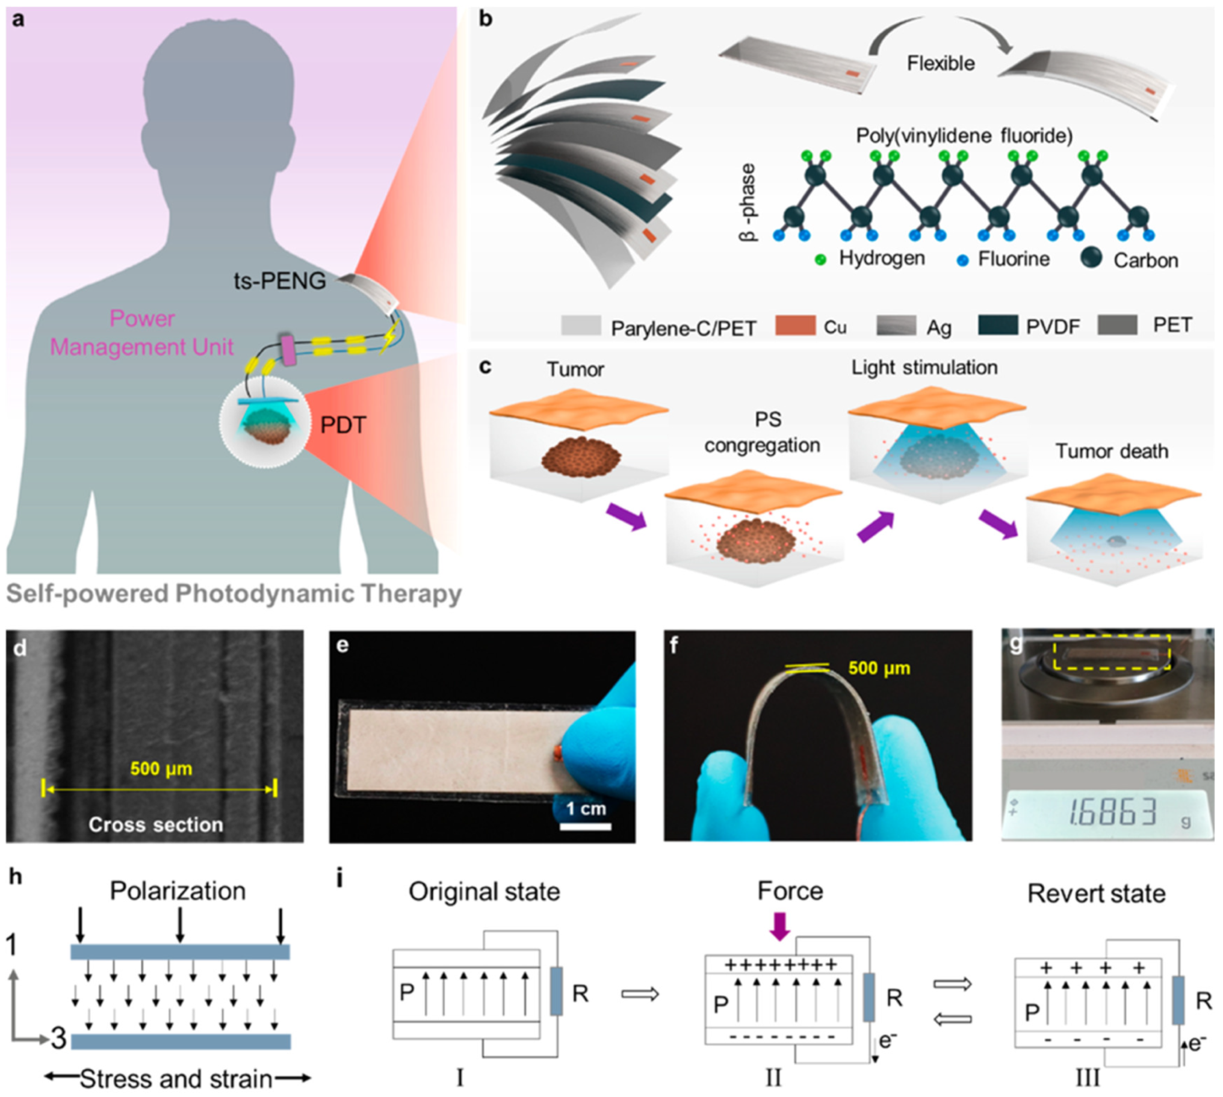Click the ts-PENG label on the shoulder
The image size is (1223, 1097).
tap(280, 281)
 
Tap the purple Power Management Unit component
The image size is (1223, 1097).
tap(288, 351)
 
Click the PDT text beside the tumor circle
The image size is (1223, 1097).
tap(343, 425)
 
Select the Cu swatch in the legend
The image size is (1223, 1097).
tap(795, 326)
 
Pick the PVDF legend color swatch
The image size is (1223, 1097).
tap(998, 326)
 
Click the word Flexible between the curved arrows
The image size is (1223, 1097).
tap(940, 63)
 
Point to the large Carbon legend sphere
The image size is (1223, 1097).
tap(1091, 258)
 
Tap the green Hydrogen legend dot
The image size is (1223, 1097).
tap(820, 260)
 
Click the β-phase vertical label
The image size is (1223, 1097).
tap(748, 203)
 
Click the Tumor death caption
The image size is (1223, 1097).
tap(1112, 451)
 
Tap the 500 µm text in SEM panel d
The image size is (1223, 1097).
tap(161, 768)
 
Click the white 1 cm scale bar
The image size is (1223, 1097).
tap(585, 826)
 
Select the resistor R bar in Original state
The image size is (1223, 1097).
tap(556, 991)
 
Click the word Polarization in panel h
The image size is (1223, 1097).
tap(178, 891)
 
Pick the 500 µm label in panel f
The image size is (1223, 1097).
tap(879, 668)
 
